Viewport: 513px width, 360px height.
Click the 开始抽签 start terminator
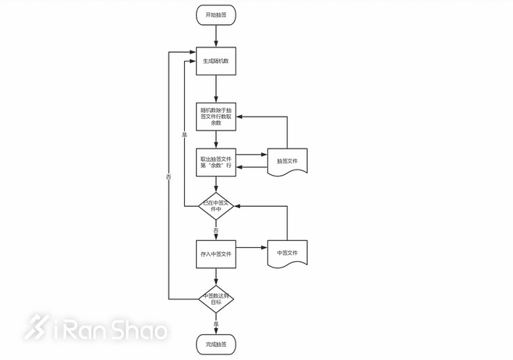coord(216,16)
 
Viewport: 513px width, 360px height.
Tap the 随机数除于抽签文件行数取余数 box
coord(216,116)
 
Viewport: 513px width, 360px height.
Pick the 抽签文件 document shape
coord(288,161)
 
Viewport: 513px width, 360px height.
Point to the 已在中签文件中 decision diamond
coord(216,206)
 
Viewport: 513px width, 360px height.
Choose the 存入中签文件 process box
coord(216,253)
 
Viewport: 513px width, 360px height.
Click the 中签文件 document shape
coord(288,253)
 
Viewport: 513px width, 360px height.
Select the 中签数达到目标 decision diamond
coord(216,297)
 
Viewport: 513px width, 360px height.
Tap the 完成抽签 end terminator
coord(216,343)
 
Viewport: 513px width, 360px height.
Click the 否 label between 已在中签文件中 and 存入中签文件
coord(216,229)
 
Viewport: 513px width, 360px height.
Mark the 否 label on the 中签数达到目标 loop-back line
coord(169,177)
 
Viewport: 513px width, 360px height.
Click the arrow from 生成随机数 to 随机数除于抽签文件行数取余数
coord(216,88)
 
